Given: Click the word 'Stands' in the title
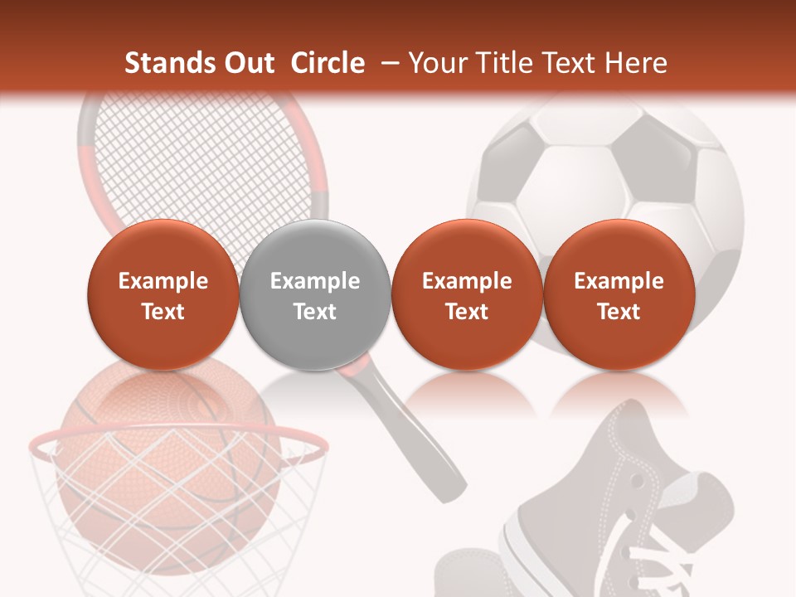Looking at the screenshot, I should coord(171,63).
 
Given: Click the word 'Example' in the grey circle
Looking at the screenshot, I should coord(315,281).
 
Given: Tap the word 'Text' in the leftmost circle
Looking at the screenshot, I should coord(163,312).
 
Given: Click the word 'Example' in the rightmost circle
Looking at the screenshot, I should coord(619,281).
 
